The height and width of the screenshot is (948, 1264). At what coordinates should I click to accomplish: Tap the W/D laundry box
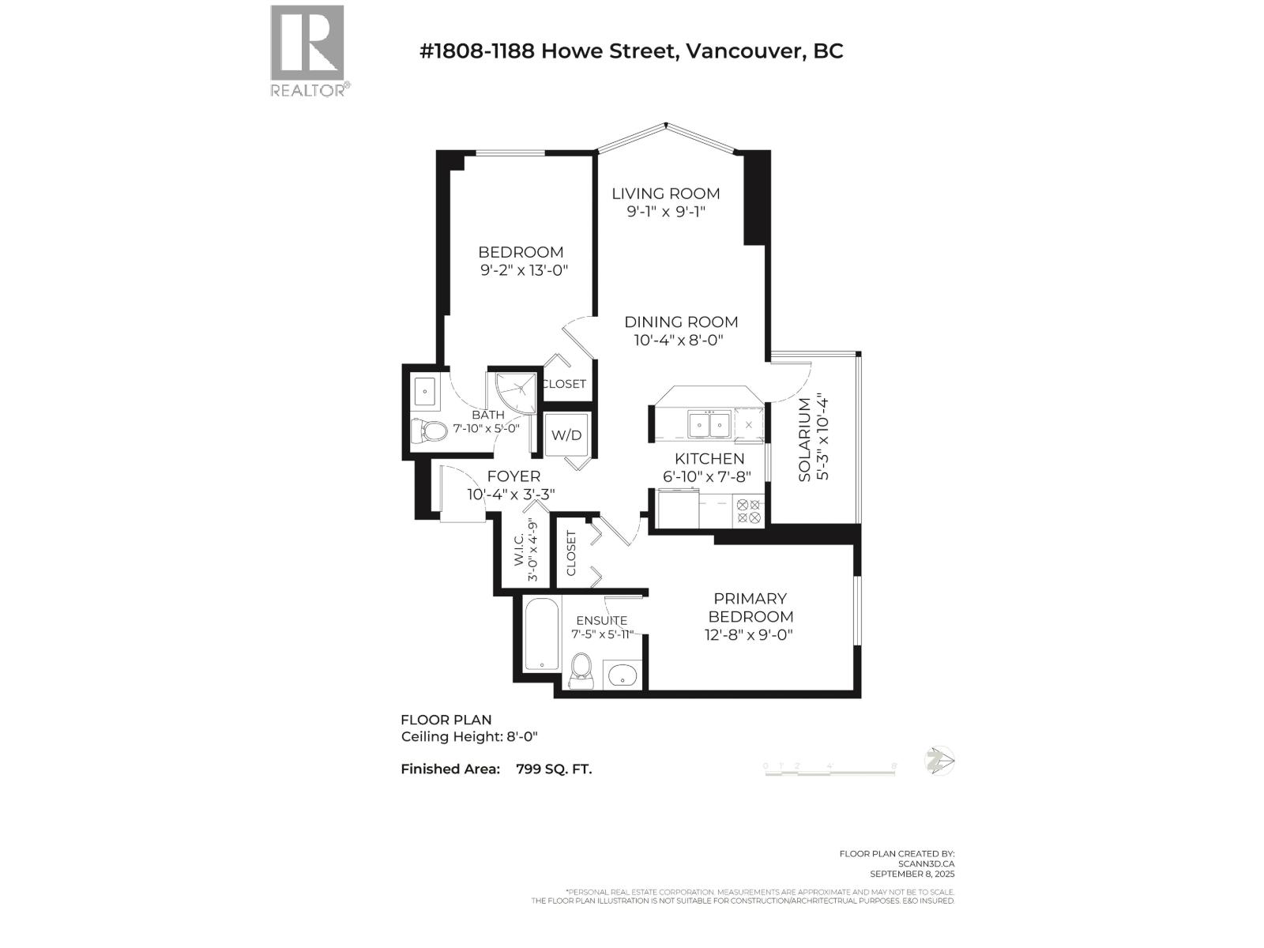(x=566, y=435)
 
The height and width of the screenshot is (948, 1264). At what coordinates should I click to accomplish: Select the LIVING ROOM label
(x=666, y=194)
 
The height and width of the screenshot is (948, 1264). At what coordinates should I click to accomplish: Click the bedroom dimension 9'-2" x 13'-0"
(x=524, y=270)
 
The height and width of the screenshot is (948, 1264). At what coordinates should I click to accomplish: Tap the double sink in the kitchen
(x=709, y=424)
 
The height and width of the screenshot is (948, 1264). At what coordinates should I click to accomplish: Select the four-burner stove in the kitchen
(x=747, y=511)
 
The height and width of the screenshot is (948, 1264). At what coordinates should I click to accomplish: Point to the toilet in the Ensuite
(x=582, y=670)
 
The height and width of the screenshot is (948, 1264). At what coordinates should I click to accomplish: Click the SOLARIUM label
(x=804, y=440)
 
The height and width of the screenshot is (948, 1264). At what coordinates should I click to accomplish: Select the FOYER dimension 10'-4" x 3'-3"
(x=511, y=495)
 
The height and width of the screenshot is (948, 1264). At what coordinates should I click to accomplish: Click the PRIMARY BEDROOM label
(x=750, y=608)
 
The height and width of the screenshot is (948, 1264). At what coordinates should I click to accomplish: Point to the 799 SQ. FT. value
(x=553, y=769)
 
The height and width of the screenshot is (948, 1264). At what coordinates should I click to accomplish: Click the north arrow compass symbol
(x=939, y=761)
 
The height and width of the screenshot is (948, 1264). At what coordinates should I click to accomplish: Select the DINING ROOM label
(x=681, y=322)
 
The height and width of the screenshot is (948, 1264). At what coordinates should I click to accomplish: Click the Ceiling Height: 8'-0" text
(x=469, y=736)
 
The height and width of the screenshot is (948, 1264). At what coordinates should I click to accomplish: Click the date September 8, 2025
(x=912, y=874)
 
